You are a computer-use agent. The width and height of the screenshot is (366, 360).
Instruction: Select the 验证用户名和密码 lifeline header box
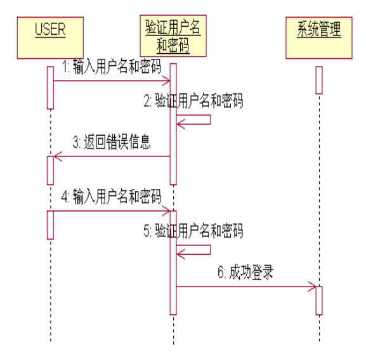pos(173,37)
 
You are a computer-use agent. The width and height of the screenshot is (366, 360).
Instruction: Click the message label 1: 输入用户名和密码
pos(111,67)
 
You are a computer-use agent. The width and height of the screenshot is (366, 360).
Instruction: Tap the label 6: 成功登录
pos(245,273)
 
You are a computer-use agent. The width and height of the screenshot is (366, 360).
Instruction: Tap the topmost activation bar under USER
pos(50,87)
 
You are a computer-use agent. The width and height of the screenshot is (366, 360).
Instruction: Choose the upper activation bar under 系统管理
pos(319,80)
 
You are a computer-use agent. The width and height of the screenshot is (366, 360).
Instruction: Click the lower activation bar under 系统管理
pos(319,300)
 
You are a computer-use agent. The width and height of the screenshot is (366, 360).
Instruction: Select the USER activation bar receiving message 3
pos(50,167)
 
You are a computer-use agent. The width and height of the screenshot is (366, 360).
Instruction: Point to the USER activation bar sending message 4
pos(50,224)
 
